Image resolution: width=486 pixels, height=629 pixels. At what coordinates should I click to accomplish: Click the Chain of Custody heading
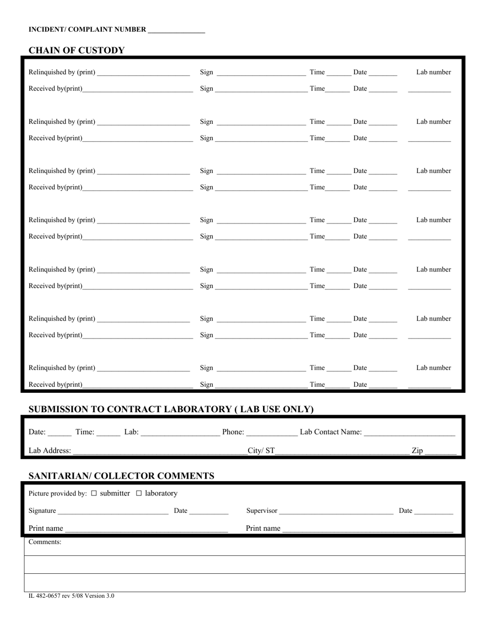pyautogui.click(x=76, y=50)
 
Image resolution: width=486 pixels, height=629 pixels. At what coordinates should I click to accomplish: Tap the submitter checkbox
pyautogui.click(x=94, y=493)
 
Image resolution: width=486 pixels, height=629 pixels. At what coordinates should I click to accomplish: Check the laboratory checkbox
pyautogui.click(x=139, y=493)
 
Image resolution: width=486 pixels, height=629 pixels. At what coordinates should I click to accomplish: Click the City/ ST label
pyautogui.click(x=261, y=451)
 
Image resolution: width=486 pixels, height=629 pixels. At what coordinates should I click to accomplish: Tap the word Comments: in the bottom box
pyautogui.click(x=45, y=542)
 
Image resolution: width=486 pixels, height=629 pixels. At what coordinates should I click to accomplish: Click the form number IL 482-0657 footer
pyautogui.click(x=72, y=596)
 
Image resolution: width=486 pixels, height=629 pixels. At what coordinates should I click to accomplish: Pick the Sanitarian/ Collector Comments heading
pyautogui.click(x=121, y=476)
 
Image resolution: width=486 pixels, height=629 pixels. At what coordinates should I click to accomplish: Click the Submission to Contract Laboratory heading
pyautogui.click(x=171, y=409)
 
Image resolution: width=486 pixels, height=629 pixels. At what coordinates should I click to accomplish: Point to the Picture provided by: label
pyautogui.click(x=58, y=493)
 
